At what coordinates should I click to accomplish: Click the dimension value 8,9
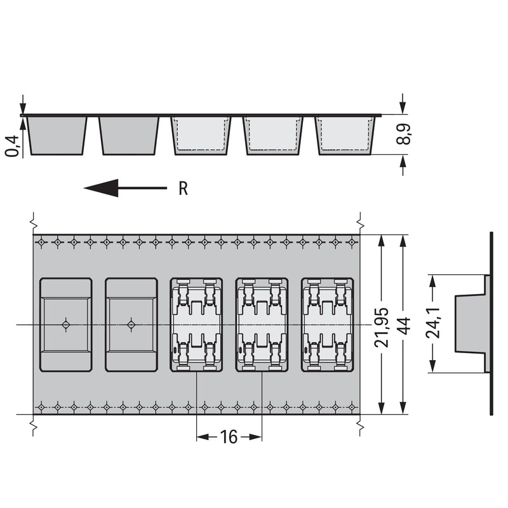tap(403, 134)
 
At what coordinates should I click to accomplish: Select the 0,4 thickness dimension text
tap(13, 146)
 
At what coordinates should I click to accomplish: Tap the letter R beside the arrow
tap(183, 188)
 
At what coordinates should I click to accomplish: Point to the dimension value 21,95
tap(382, 328)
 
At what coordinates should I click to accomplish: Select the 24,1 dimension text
tap(433, 323)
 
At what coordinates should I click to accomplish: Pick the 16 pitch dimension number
tap(229, 437)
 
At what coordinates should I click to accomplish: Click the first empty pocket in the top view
tap(66, 324)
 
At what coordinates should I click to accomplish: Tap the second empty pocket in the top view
tap(131, 324)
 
